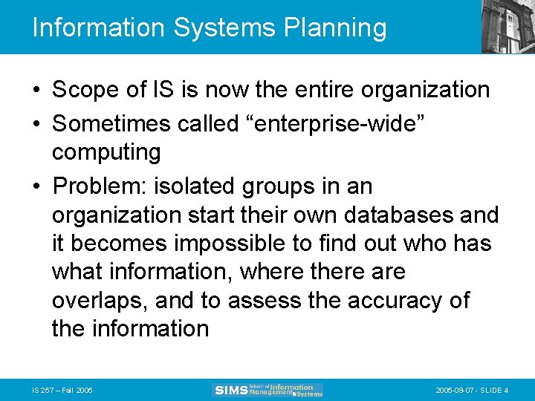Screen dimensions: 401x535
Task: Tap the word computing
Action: (106, 152)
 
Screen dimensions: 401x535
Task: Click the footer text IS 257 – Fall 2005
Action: (63, 390)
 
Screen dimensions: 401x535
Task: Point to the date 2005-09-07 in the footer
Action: (451, 390)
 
